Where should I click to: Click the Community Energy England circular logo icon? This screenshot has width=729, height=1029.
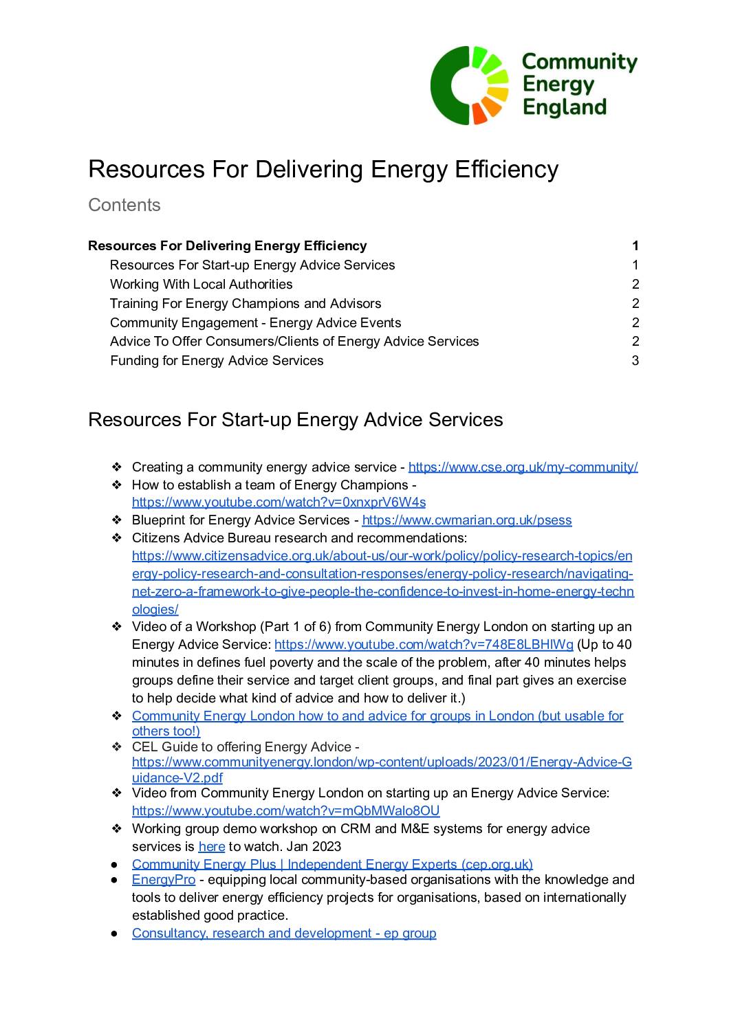click(469, 85)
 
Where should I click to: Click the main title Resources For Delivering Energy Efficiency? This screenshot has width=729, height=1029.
click(323, 169)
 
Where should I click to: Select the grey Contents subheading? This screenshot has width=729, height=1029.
click(124, 205)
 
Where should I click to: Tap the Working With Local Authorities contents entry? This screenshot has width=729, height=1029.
click(201, 284)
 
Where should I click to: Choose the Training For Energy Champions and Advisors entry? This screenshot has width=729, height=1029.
click(245, 303)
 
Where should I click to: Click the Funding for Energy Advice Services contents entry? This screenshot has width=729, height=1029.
click(216, 360)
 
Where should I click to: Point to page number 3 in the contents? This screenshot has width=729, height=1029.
click(635, 360)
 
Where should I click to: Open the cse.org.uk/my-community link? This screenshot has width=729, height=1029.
click(523, 467)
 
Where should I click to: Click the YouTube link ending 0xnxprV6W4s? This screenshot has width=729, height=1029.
click(279, 502)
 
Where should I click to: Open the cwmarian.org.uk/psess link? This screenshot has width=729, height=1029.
click(466, 520)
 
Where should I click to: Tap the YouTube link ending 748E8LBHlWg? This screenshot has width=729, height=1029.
click(423, 644)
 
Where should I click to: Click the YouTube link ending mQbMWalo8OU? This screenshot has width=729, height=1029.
click(285, 810)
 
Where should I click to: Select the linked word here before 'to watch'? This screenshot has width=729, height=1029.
click(211, 846)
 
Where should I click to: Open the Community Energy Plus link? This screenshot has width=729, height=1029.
click(331, 864)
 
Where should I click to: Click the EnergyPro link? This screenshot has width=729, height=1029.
click(163, 880)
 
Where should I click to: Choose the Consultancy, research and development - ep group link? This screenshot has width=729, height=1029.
click(283, 933)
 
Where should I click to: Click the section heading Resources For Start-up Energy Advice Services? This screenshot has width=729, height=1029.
click(295, 419)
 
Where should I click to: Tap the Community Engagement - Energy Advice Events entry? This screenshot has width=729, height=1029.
click(255, 322)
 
